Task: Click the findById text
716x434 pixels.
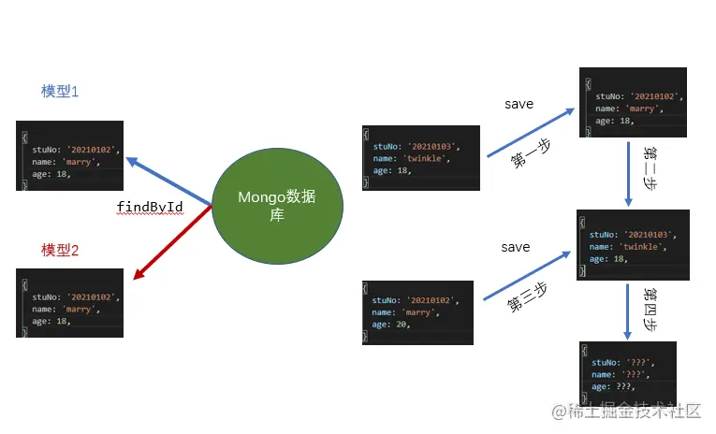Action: [149, 206]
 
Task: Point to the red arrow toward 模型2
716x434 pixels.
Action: [173, 240]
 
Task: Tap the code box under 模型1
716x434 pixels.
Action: [69, 155]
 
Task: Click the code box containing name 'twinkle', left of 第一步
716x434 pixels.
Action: [420, 158]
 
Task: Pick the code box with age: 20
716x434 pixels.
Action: [417, 312]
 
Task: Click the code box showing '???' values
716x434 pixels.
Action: [627, 372]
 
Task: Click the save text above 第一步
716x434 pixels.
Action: [519, 104]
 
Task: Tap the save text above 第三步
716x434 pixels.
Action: [515, 247]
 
